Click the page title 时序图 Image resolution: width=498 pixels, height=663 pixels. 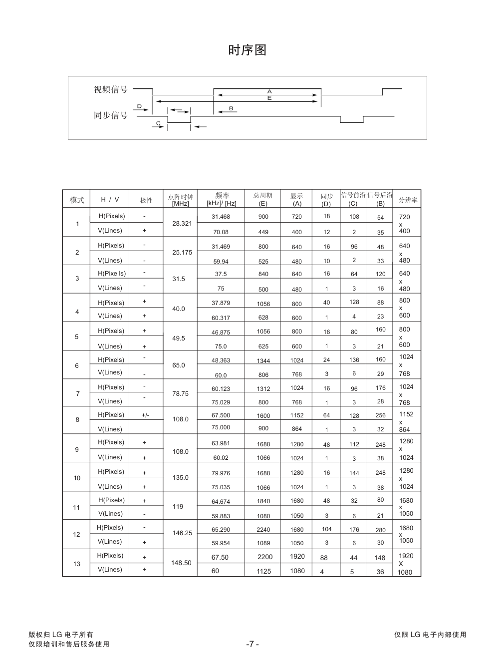(248, 50)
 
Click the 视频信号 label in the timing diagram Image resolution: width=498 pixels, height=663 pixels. (111, 89)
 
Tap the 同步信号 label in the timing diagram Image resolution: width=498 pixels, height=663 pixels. (111, 115)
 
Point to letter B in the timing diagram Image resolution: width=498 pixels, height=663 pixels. (231, 108)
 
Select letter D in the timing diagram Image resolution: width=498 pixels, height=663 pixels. (139, 106)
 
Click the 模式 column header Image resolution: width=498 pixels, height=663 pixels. (77, 200)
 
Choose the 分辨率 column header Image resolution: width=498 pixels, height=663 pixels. (408, 200)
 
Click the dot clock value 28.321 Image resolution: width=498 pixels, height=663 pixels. (182, 223)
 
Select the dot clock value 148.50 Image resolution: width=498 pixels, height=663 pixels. (181, 563)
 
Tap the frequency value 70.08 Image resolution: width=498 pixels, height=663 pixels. (221, 232)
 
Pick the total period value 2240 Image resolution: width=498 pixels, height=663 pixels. (263, 530)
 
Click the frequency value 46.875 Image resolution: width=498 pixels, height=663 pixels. (221, 332)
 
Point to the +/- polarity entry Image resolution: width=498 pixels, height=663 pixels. (145, 415)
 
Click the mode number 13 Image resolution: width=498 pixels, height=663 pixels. (76, 564)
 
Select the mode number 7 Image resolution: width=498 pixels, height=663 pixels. (77, 393)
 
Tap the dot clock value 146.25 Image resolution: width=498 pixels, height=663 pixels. (182, 533)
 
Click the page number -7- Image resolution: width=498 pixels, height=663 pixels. (252, 644)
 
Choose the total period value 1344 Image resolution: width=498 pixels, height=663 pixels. (263, 360)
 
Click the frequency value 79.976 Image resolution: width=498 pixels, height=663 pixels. (221, 473)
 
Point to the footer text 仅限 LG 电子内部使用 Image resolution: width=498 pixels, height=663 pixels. (430, 635)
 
